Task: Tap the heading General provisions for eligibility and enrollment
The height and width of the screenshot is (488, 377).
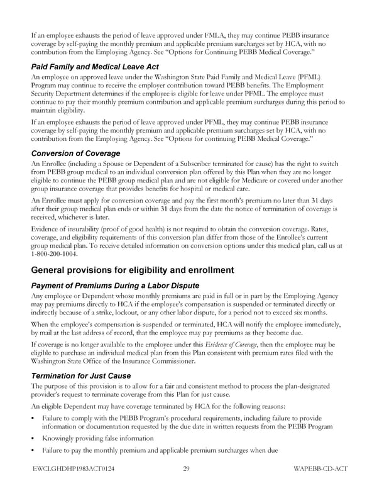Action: coord(133,270)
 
